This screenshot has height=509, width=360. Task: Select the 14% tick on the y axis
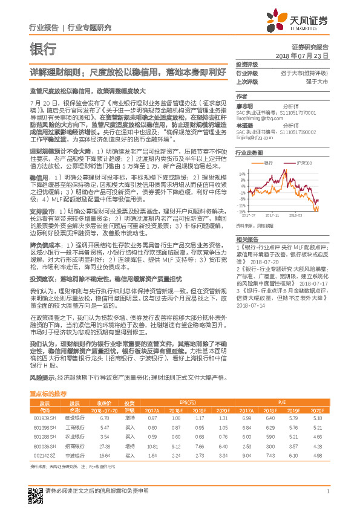click(x=243, y=173)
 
